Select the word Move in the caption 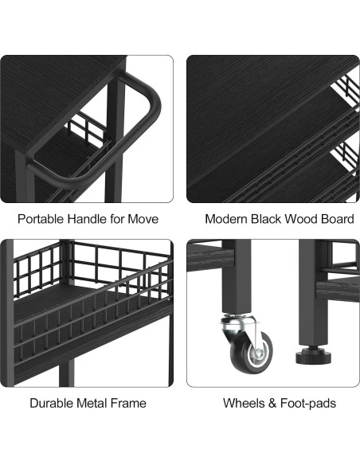(x=143, y=219)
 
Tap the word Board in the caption (x=338, y=219)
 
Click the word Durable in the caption (x=52, y=404)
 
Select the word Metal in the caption (x=92, y=404)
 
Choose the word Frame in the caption (x=128, y=404)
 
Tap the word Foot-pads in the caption (x=308, y=404)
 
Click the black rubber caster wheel (x=252, y=352)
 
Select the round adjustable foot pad (x=314, y=357)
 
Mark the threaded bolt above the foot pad (x=314, y=347)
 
